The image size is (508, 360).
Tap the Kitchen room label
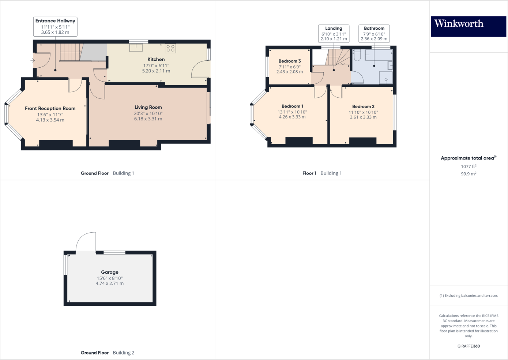point(156,59)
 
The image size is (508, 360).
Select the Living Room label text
point(148,107)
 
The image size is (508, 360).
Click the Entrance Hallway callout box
point(55,26)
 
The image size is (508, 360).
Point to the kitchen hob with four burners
point(170,48)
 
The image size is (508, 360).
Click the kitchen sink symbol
point(136,47)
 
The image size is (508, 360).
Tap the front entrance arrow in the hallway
point(33,60)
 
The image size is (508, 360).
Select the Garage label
point(110,272)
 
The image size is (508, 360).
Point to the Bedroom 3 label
point(290,61)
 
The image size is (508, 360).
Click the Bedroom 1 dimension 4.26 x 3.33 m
point(292,117)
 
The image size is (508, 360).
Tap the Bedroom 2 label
point(363,106)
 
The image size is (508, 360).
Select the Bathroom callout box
point(374,33)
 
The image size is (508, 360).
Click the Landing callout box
point(334,33)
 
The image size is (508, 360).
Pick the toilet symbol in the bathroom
point(357,55)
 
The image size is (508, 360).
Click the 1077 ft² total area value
point(469,166)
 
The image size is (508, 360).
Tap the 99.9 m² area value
point(469,174)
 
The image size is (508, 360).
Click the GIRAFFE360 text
point(469,346)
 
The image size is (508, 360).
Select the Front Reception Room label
point(50,108)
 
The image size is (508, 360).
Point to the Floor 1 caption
point(309,173)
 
